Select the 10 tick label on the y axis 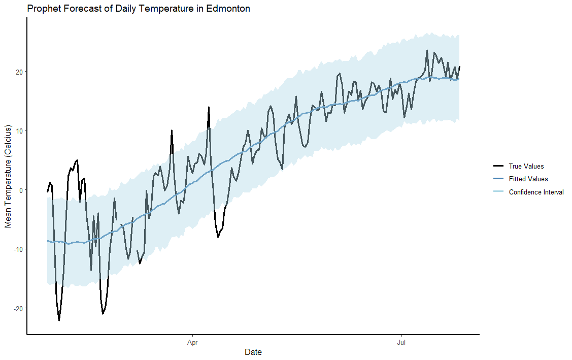pos(19,131)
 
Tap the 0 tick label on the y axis pos(21,190)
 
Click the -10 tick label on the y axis pos(18,249)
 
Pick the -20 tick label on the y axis pos(18,309)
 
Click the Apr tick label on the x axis pos(192,343)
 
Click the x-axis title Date pos(253,352)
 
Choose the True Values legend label pos(526,166)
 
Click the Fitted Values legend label pos(528,179)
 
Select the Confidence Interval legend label pos(536,192)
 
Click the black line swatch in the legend pos(498,166)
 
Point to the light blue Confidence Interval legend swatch pos(498,192)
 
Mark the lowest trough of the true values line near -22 pos(59,320)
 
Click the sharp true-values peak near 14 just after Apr pos(209,107)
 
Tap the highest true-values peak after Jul pos(427,50)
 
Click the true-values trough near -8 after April pos(218,237)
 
